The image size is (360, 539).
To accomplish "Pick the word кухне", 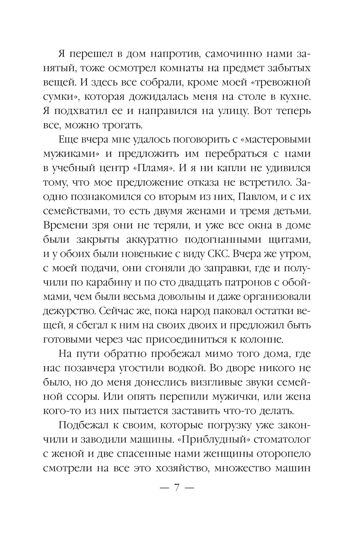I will click(x=294, y=97).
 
